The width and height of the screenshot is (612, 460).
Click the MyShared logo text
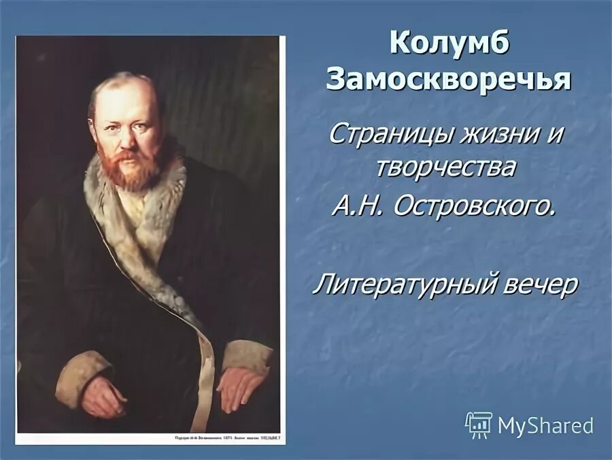coord(545,426)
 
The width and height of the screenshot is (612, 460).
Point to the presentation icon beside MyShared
coord(479,425)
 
